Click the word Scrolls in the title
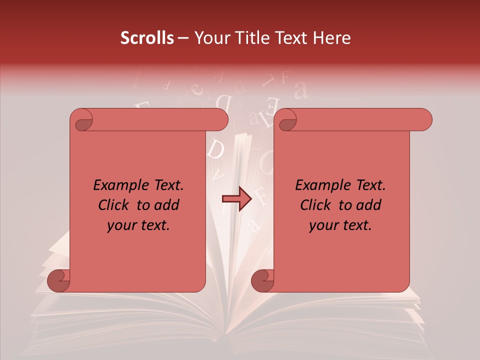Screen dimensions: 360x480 tap(147, 38)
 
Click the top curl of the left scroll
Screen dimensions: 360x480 tap(81, 120)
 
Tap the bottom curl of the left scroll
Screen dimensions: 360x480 tap(59, 280)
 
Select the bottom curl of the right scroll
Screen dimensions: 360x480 tap(262, 280)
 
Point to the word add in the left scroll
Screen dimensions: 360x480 tap(167, 205)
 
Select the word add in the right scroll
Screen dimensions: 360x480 tap(369, 205)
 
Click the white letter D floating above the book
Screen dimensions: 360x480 tap(216, 149)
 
